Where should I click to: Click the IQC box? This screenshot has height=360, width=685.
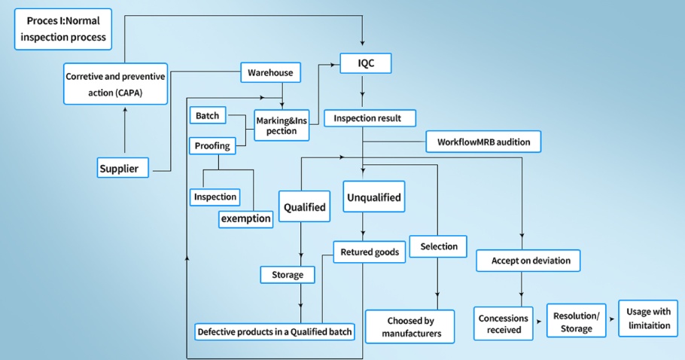pyautogui.click(x=366, y=64)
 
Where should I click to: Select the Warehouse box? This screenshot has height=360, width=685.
pyautogui.click(x=270, y=73)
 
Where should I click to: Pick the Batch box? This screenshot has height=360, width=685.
pyautogui.click(x=207, y=116)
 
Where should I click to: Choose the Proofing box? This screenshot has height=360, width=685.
pyautogui.click(x=212, y=145)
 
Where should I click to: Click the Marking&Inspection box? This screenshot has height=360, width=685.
pyautogui.click(x=282, y=125)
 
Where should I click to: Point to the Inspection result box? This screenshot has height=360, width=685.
pyautogui.click(x=368, y=118)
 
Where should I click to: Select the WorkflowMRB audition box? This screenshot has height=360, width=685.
pyautogui.click(x=483, y=142)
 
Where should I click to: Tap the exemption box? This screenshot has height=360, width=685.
pyautogui.click(x=245, y=219)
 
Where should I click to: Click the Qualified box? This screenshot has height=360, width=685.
pyautogui.click(x=304, y=207)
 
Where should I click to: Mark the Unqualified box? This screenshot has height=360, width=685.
pyautogui.click(x=373, y=198)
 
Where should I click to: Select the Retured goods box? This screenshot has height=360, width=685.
pyautogui.click(x=370, y=252)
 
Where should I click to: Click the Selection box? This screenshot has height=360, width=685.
pyautogui.click(x=438, y=246)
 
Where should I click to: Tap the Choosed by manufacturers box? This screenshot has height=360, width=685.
pyautogui.click(x=409, y=326)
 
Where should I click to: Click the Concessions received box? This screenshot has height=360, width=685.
pyautogui.click(x=504, y=324)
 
